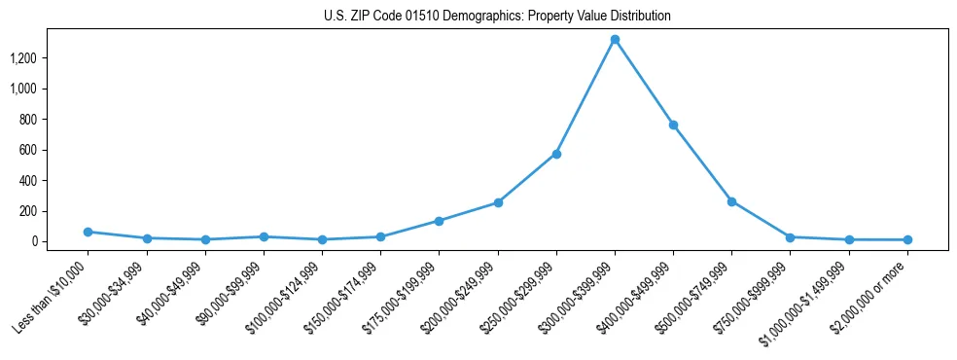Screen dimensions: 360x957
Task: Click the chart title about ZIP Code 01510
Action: tap(497, 17)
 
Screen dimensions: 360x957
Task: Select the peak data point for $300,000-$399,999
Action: tap(615, 40)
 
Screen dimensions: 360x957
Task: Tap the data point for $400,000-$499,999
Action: tap(673, 125)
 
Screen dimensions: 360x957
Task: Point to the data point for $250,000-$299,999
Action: tap(556, 154)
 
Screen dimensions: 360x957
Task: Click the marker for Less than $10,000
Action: tap(88, 232)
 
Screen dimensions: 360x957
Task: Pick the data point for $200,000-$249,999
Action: tap(498, 202)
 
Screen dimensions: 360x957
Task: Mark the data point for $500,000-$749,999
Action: tap(731, 201)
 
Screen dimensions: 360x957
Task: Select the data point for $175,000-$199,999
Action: tap(439, 221)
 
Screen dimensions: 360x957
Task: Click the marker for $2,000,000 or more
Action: tap(907, 239)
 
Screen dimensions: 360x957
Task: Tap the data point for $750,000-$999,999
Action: tap(791, 237)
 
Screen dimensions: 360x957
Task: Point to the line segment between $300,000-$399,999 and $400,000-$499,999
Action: tap(644, 83)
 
